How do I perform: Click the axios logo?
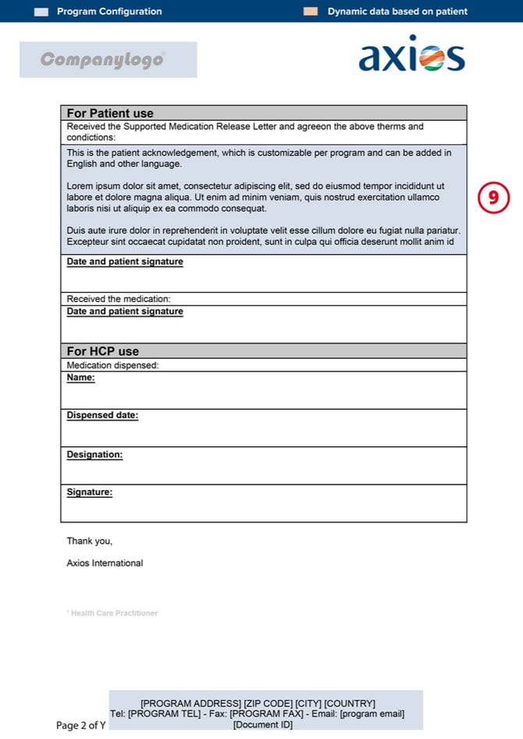point(411,55)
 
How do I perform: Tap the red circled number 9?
point(493,198)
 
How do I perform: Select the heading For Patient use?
point(110,113)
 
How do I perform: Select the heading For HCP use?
point(102,351)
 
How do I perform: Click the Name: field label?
point(80,378)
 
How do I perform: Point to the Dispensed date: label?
point(102,415)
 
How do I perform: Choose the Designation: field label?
point(94,454)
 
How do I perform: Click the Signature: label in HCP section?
point(89,492)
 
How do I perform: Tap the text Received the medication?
point(119,299)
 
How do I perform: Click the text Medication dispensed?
point(112,365)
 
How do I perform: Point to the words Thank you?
point(89,541)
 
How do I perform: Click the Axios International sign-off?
point(105,563)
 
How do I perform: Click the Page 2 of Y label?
point(81,726)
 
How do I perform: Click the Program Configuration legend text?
point(109,12)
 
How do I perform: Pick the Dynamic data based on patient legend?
point(397,12)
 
